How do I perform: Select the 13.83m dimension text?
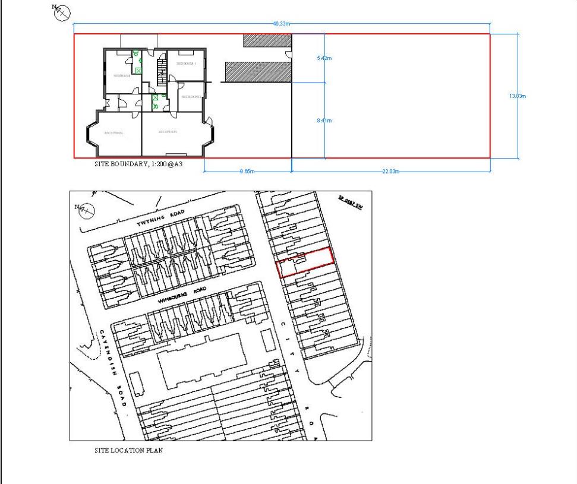tap(518, 96)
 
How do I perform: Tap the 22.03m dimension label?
tap(390, 172)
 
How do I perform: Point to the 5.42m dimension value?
tap(324, 58)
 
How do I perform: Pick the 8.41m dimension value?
tap(324, 121)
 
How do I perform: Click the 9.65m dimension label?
tap(247, 172)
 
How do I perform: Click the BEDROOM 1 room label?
tap(186, 63)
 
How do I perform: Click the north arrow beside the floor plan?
tap(62, 12)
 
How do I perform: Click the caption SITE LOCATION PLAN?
tap(128, 451)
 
